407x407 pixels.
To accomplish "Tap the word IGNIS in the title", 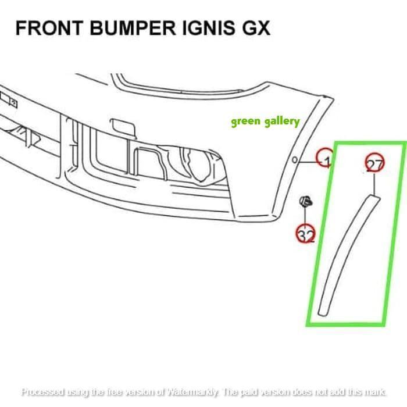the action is pos(210,28).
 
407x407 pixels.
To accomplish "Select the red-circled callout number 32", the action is pos(306,234).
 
